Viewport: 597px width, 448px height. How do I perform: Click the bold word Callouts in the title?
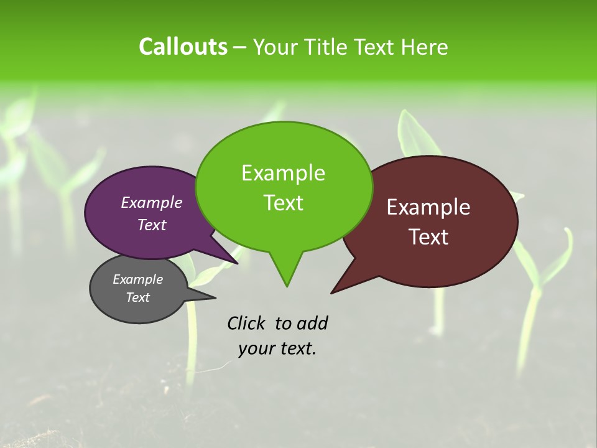pos(183,47)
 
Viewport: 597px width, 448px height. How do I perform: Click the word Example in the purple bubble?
pos(151,202)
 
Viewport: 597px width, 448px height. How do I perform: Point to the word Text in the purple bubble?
pos(151,225)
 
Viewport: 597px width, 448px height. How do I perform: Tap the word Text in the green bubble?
pos(283,202)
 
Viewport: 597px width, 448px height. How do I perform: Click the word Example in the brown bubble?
pos(428,207)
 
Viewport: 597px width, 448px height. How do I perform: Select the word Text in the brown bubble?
pos(428,236)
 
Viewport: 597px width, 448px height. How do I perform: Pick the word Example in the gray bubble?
pos(137,279)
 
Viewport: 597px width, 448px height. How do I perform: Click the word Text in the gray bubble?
pos(137,297)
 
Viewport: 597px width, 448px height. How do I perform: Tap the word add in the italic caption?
pos(312,323)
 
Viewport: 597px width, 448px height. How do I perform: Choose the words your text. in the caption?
pos(277,348)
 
